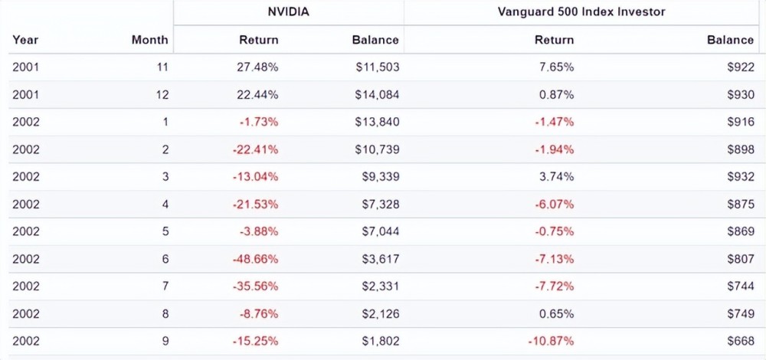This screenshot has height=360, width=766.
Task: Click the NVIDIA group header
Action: tap(289, 11)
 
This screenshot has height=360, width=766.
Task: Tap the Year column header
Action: tap(25, 40)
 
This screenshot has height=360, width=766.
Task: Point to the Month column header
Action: tap(149, 40)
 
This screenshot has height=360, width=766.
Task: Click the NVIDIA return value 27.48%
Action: tap(259, 67)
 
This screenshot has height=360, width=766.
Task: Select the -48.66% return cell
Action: tap(256, 259)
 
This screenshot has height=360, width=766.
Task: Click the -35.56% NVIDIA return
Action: tap(256, 286)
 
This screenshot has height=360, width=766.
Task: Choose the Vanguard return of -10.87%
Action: tap(551, 341)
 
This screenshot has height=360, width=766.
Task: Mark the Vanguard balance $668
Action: tap(741, 341)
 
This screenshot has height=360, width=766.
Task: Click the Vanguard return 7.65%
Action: tap(557, 67)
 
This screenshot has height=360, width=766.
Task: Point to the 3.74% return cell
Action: tap(557, 177)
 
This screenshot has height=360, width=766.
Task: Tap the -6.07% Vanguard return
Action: tap(554, 205)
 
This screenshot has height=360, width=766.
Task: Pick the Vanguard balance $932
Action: tap(741, 177)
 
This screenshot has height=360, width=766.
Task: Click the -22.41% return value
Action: tap(256, 149)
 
